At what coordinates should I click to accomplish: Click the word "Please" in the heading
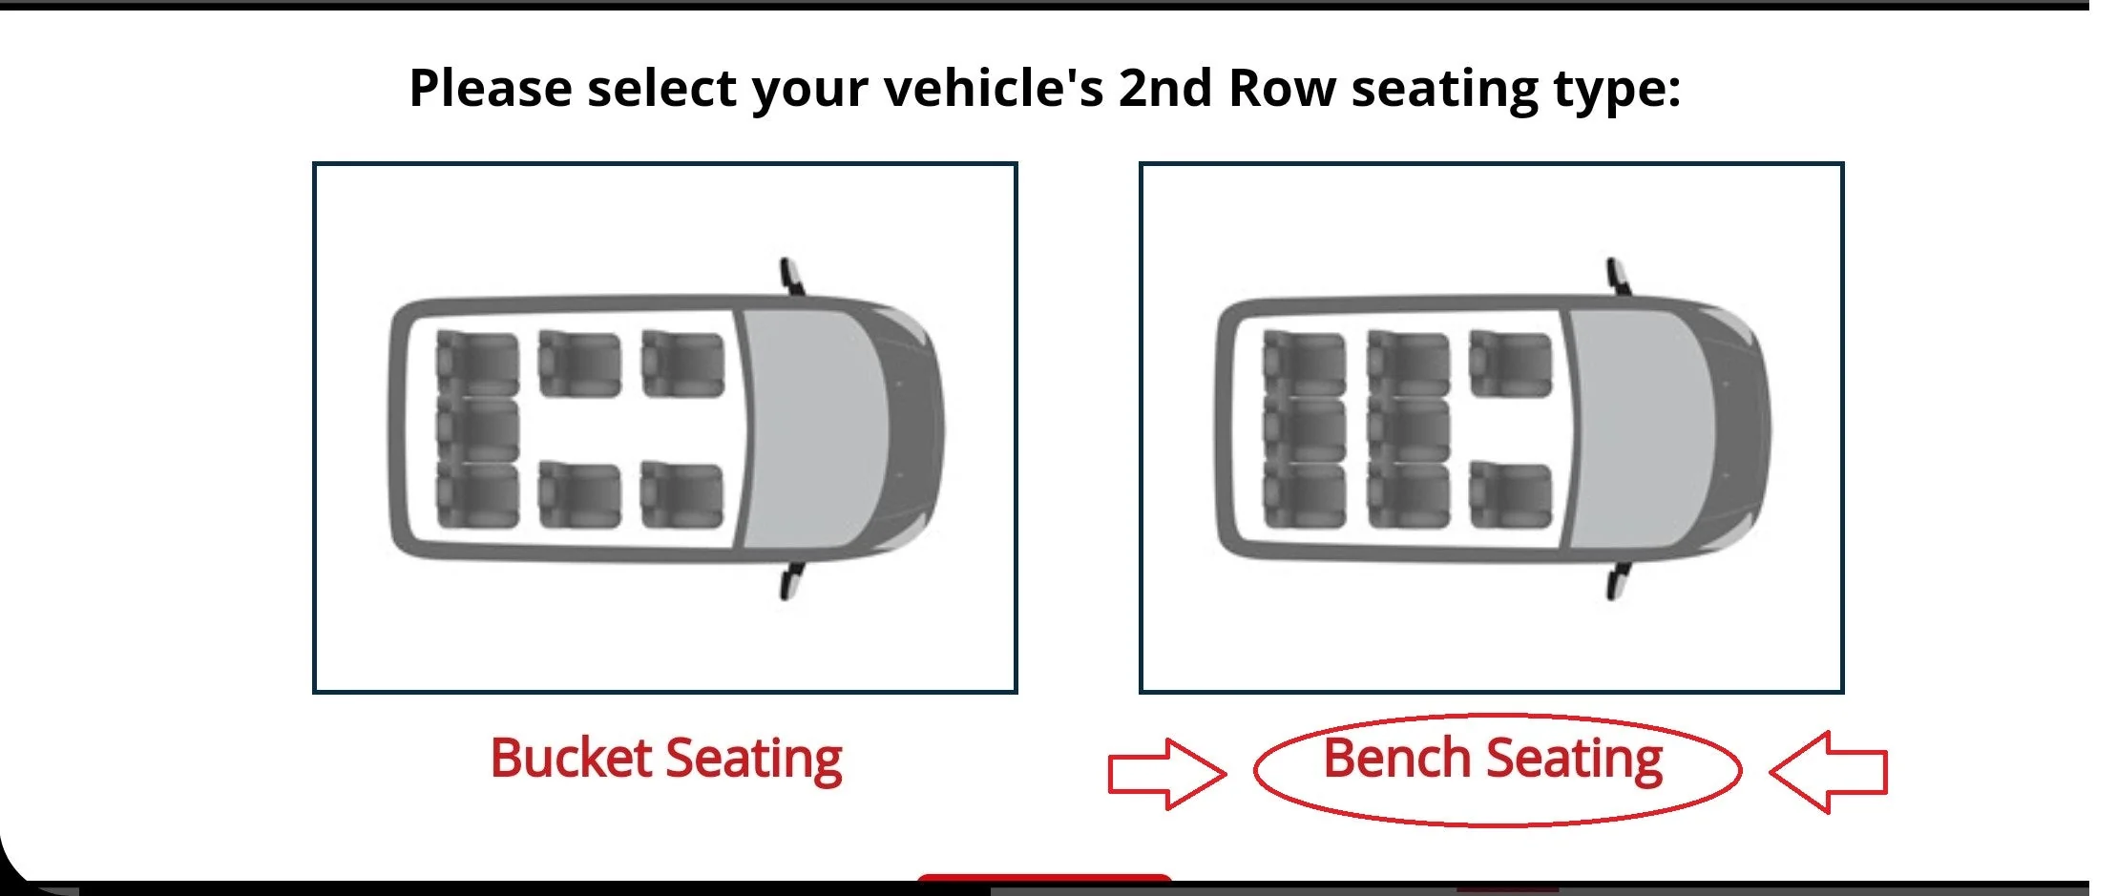tap(491, 89)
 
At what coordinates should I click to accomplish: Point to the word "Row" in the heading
tap(1282, 89)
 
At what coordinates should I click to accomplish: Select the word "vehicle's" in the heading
tap(993, 88)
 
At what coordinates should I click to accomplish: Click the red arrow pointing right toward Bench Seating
tap(1166, 773)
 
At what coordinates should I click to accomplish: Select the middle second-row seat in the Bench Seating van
tap(1408, 429)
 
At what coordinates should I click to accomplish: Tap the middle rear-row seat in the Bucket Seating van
tap(477, 429)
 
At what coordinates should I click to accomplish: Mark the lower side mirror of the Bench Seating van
tap(1617, 581)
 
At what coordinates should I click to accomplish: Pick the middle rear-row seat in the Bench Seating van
tap(1304, 429)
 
